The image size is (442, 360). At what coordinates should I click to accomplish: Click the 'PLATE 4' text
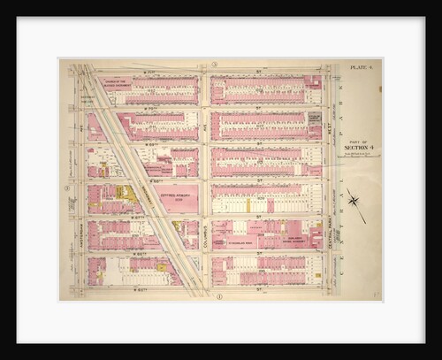pos(360,67)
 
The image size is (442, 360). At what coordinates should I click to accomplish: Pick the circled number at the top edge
pos(215,65)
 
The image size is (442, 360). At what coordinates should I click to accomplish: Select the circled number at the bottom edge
pos(218,295)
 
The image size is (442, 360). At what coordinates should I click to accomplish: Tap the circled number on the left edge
pos(67,188)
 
